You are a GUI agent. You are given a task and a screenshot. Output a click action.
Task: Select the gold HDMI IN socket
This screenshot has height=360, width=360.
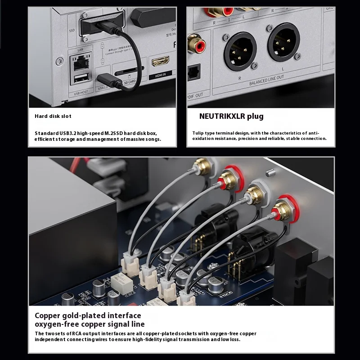(x=160, y=62)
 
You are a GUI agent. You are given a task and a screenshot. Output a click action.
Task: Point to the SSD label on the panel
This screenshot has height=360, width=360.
(x=71, y=31)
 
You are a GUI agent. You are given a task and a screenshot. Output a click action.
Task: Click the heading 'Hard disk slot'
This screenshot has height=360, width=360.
(x=53, y=116)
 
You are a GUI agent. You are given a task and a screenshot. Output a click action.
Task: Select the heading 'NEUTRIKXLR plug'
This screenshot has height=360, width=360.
(x=231, y=116)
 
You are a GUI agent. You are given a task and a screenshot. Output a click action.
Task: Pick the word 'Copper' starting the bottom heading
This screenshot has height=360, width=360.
(x=47, y=315)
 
